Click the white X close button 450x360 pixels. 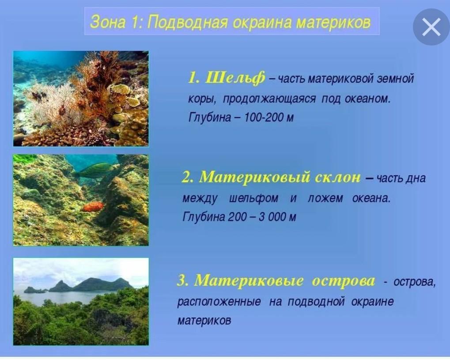(x=431, y=27)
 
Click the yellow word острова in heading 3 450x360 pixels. (x=343, y=280)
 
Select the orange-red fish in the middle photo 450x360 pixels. (x=93, y=206)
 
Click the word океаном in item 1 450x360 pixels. (x=367, y=99)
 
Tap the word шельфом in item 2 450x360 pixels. (x=253, y=198)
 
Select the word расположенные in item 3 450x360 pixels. (x=219, y=302)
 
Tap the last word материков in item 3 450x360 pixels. (x=204, y=321)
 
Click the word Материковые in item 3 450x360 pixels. (x=249, y=280)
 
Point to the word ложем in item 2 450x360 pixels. (x=325, y=198)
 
